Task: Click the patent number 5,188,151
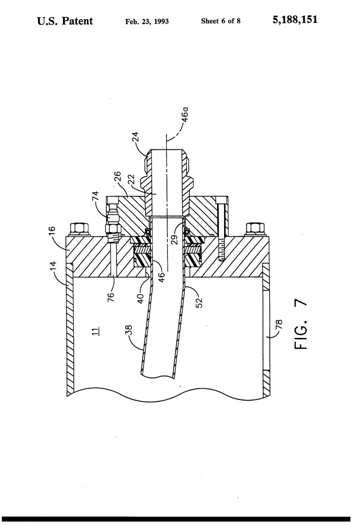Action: pos(295,20)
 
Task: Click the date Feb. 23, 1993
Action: pos(147,22)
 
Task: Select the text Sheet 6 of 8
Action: pos(220,21)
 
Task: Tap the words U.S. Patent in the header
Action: pos(65,21)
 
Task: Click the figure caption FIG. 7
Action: pos(301,324)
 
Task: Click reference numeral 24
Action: pos(135,136)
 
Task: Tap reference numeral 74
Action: pos(95,196)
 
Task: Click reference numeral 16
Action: pos(51,231)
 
